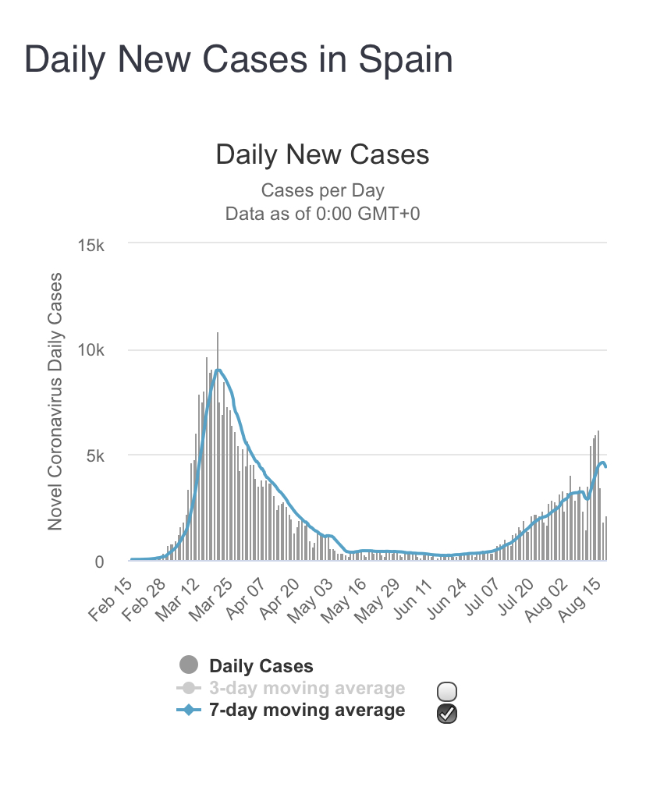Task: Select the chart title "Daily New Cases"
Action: tap(322, 154)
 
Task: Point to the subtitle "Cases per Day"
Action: tap(322, 190)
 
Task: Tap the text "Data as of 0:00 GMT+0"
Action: tap(322, 213)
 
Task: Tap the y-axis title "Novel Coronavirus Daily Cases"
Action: tap(55, 401)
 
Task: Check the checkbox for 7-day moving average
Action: tap(447, 712)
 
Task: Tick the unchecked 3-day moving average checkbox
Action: tap(447, 691)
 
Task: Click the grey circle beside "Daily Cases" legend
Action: tap(188, 665)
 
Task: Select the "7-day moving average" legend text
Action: tap(307, 710)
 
